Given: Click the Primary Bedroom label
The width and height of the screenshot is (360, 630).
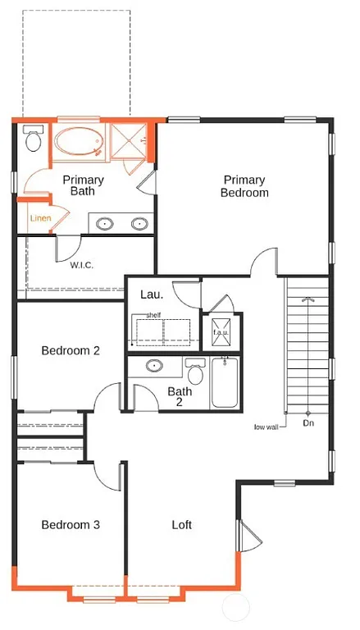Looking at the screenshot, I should (244, 186).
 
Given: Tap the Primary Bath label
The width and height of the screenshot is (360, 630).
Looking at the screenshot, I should (83, 185).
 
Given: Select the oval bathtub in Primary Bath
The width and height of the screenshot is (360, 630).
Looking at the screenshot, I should (79, 143).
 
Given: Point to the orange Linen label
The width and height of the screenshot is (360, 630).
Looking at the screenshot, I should (40, 219).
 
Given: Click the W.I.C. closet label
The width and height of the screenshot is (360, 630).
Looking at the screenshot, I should (81, 264).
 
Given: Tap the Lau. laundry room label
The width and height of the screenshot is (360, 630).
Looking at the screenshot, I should (152, 294).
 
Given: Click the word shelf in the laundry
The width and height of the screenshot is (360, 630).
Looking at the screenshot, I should (153, 315).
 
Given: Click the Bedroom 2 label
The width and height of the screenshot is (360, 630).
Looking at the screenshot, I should (71, 350).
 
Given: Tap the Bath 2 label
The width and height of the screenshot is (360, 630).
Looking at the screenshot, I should (180, 397).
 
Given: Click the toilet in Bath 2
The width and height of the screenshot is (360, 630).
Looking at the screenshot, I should (196, 373).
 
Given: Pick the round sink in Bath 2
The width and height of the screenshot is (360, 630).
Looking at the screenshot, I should (155, 367).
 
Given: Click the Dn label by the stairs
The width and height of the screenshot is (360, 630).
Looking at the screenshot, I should (308, 423).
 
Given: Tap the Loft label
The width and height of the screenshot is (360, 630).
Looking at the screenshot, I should (182, 525).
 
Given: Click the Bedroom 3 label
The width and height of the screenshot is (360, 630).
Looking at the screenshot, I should (71, 525).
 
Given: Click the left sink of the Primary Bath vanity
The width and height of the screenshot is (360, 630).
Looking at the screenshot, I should (106, 223).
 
